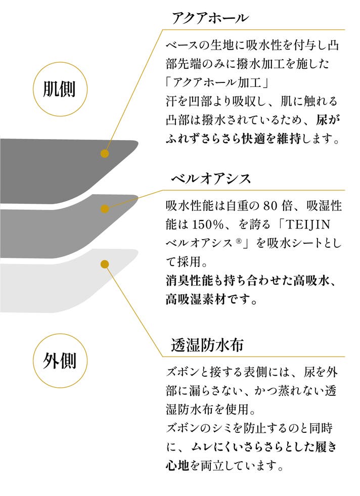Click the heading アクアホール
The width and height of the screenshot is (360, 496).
pyautogui.click(x=209, y=18)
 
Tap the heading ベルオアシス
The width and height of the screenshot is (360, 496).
pyautogui.click(x=211, y=179)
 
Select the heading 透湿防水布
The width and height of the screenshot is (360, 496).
pyautogui.click(x=208, y=345)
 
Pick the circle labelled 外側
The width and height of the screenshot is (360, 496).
pyautogui.click(x=60, y=361)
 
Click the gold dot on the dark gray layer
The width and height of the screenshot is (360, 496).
pyautogui.click(x=105, y=154)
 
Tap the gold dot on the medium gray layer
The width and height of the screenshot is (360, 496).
pyautogui.click(x=105, y=208)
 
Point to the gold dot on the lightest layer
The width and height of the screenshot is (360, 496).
pyautogui.click(x=105, y=264)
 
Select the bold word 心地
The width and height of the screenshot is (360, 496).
pyautogui.click(x=177, y=464)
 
